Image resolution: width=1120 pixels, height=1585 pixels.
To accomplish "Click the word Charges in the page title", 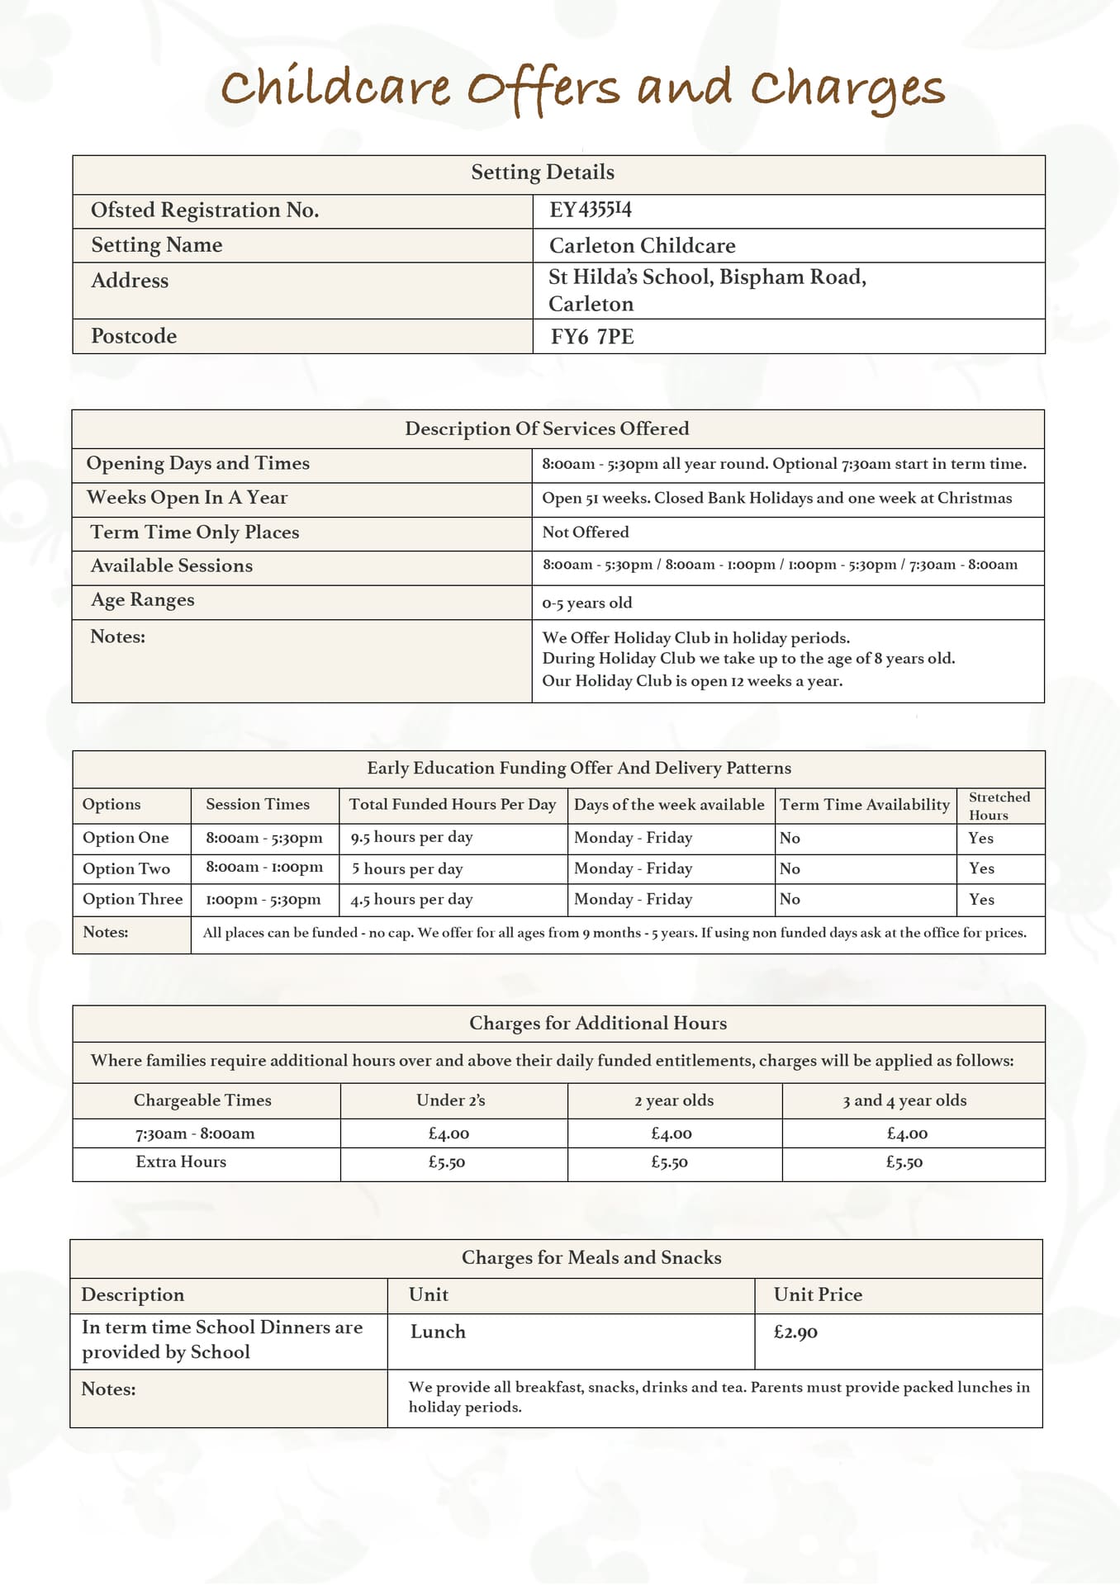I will (847, 89).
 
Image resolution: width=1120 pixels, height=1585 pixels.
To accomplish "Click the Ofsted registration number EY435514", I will (591, 211).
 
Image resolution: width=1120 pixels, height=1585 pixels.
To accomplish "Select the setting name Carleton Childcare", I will (642, 246).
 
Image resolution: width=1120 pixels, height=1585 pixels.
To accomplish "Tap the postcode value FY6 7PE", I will (592, 337).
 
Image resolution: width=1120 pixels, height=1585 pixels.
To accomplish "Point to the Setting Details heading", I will (543, 173).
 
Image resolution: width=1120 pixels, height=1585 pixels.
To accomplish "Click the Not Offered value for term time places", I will (586, 532).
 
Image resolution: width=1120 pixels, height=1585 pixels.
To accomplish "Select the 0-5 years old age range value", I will (587, 603).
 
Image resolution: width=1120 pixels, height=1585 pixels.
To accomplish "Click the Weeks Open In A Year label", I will (187, 498).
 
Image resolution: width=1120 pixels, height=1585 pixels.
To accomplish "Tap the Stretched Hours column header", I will (999, 806).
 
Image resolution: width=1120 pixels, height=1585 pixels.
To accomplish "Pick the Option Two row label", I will (126, 868).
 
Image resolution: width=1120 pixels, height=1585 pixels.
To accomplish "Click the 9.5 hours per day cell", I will (411, 837).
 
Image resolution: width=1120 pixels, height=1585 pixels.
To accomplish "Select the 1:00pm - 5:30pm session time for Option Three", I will (263, 899).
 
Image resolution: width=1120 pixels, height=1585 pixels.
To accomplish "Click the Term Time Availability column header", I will (865, 805).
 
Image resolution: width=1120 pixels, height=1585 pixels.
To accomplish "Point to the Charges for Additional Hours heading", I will (598, 1024).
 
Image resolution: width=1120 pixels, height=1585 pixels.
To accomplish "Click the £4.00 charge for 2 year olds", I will (672, 1134).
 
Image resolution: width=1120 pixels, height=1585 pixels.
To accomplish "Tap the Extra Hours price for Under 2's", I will (447, 1162).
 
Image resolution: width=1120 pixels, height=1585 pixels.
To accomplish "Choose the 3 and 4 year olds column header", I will (904, 1100).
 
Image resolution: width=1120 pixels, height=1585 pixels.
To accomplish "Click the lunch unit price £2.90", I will (795, 1332).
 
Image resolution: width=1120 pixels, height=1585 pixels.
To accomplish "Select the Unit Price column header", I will (818, 1294).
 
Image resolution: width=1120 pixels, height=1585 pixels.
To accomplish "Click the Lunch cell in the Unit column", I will (438, 1332).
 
